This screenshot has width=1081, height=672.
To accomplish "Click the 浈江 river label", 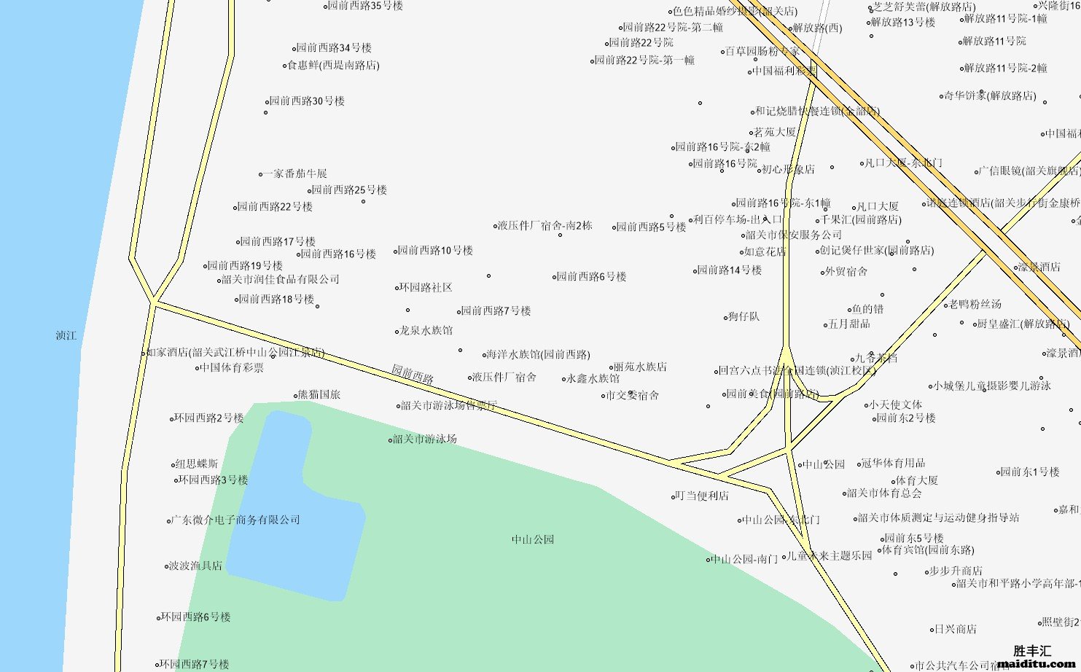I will pos(66,336).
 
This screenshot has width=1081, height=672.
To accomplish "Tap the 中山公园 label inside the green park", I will pos(533,540).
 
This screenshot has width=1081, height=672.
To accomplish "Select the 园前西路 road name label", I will pos(413,375).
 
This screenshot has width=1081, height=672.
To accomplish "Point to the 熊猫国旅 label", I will pos(319,395).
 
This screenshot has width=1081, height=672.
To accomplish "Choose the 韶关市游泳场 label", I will pos(424,439).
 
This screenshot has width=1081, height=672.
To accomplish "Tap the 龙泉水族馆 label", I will pos(426,331).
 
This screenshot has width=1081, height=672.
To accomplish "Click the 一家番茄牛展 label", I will pos(295,174).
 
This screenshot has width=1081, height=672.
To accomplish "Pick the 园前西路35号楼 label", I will pos(364,6).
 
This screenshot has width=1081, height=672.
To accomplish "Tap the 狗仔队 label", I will pos(744,317).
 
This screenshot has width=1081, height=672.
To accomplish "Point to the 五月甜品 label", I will pos(849,324).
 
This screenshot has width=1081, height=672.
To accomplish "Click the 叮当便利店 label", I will pos(701,496).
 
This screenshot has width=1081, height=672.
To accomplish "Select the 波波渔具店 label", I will pos(195,566).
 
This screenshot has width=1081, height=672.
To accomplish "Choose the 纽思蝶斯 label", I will pos(196,464).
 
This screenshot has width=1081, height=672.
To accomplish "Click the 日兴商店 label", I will pos(955,630).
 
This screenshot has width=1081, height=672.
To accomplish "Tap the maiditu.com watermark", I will pos(1036,663).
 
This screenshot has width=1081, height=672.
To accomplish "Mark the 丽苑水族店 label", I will pos(639,367).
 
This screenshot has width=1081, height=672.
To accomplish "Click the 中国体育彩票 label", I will pos(232,368).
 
